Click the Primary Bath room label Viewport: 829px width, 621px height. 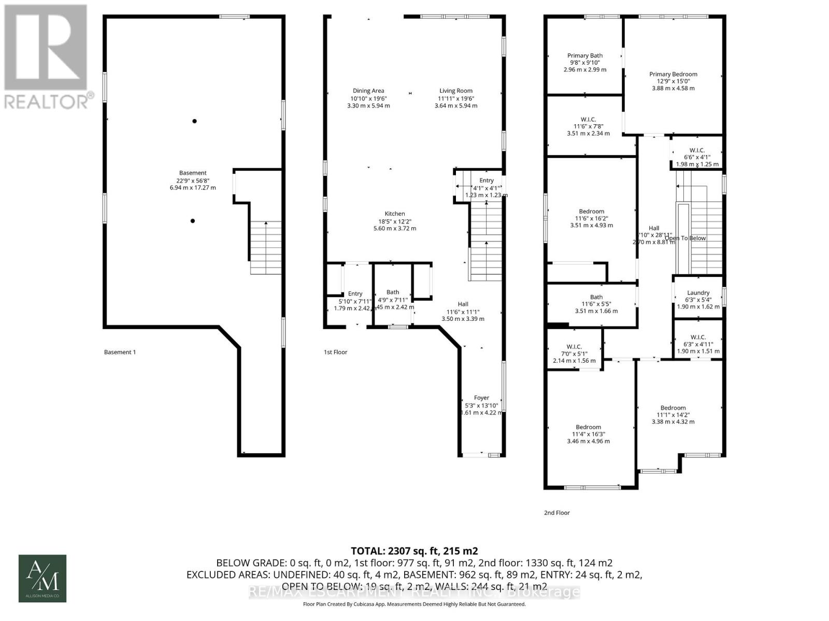pyautogui.click(x=585, y=56)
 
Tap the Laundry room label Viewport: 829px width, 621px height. pyautogui.click(x=698, y=293)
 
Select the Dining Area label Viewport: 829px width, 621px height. pyautogui.click(x=368, y=91)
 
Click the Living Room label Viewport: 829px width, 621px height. pyautogui.click(x=456, y=91)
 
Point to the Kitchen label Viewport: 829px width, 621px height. pyautogui.click(x=395, y=214)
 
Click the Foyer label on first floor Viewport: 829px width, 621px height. pyautogui.click(x=481, y=398)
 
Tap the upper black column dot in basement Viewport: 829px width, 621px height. pyautogui.click(x=195, y=121)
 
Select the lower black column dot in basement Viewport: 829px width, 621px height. pyautogui.click(x=193, y=221)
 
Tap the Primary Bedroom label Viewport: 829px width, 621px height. pyautogui.click(x=673, y=75)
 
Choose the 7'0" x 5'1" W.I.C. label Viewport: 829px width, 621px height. pyautogui.click(x=574, y=347)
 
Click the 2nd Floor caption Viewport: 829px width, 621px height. pyautogui.click(x=556, y=513)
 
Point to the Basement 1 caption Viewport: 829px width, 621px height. pyautogui.click(x=120, y=352)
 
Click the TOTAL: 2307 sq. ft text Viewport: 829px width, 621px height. pyautogui.click(x=414, y=551)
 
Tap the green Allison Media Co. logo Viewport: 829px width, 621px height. pyautogui.click(x=42, y=578)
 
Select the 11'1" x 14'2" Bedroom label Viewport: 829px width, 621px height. pyautogui.click(x=673, y=408)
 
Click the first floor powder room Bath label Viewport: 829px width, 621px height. pyautogui.click(x=393, y=292)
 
